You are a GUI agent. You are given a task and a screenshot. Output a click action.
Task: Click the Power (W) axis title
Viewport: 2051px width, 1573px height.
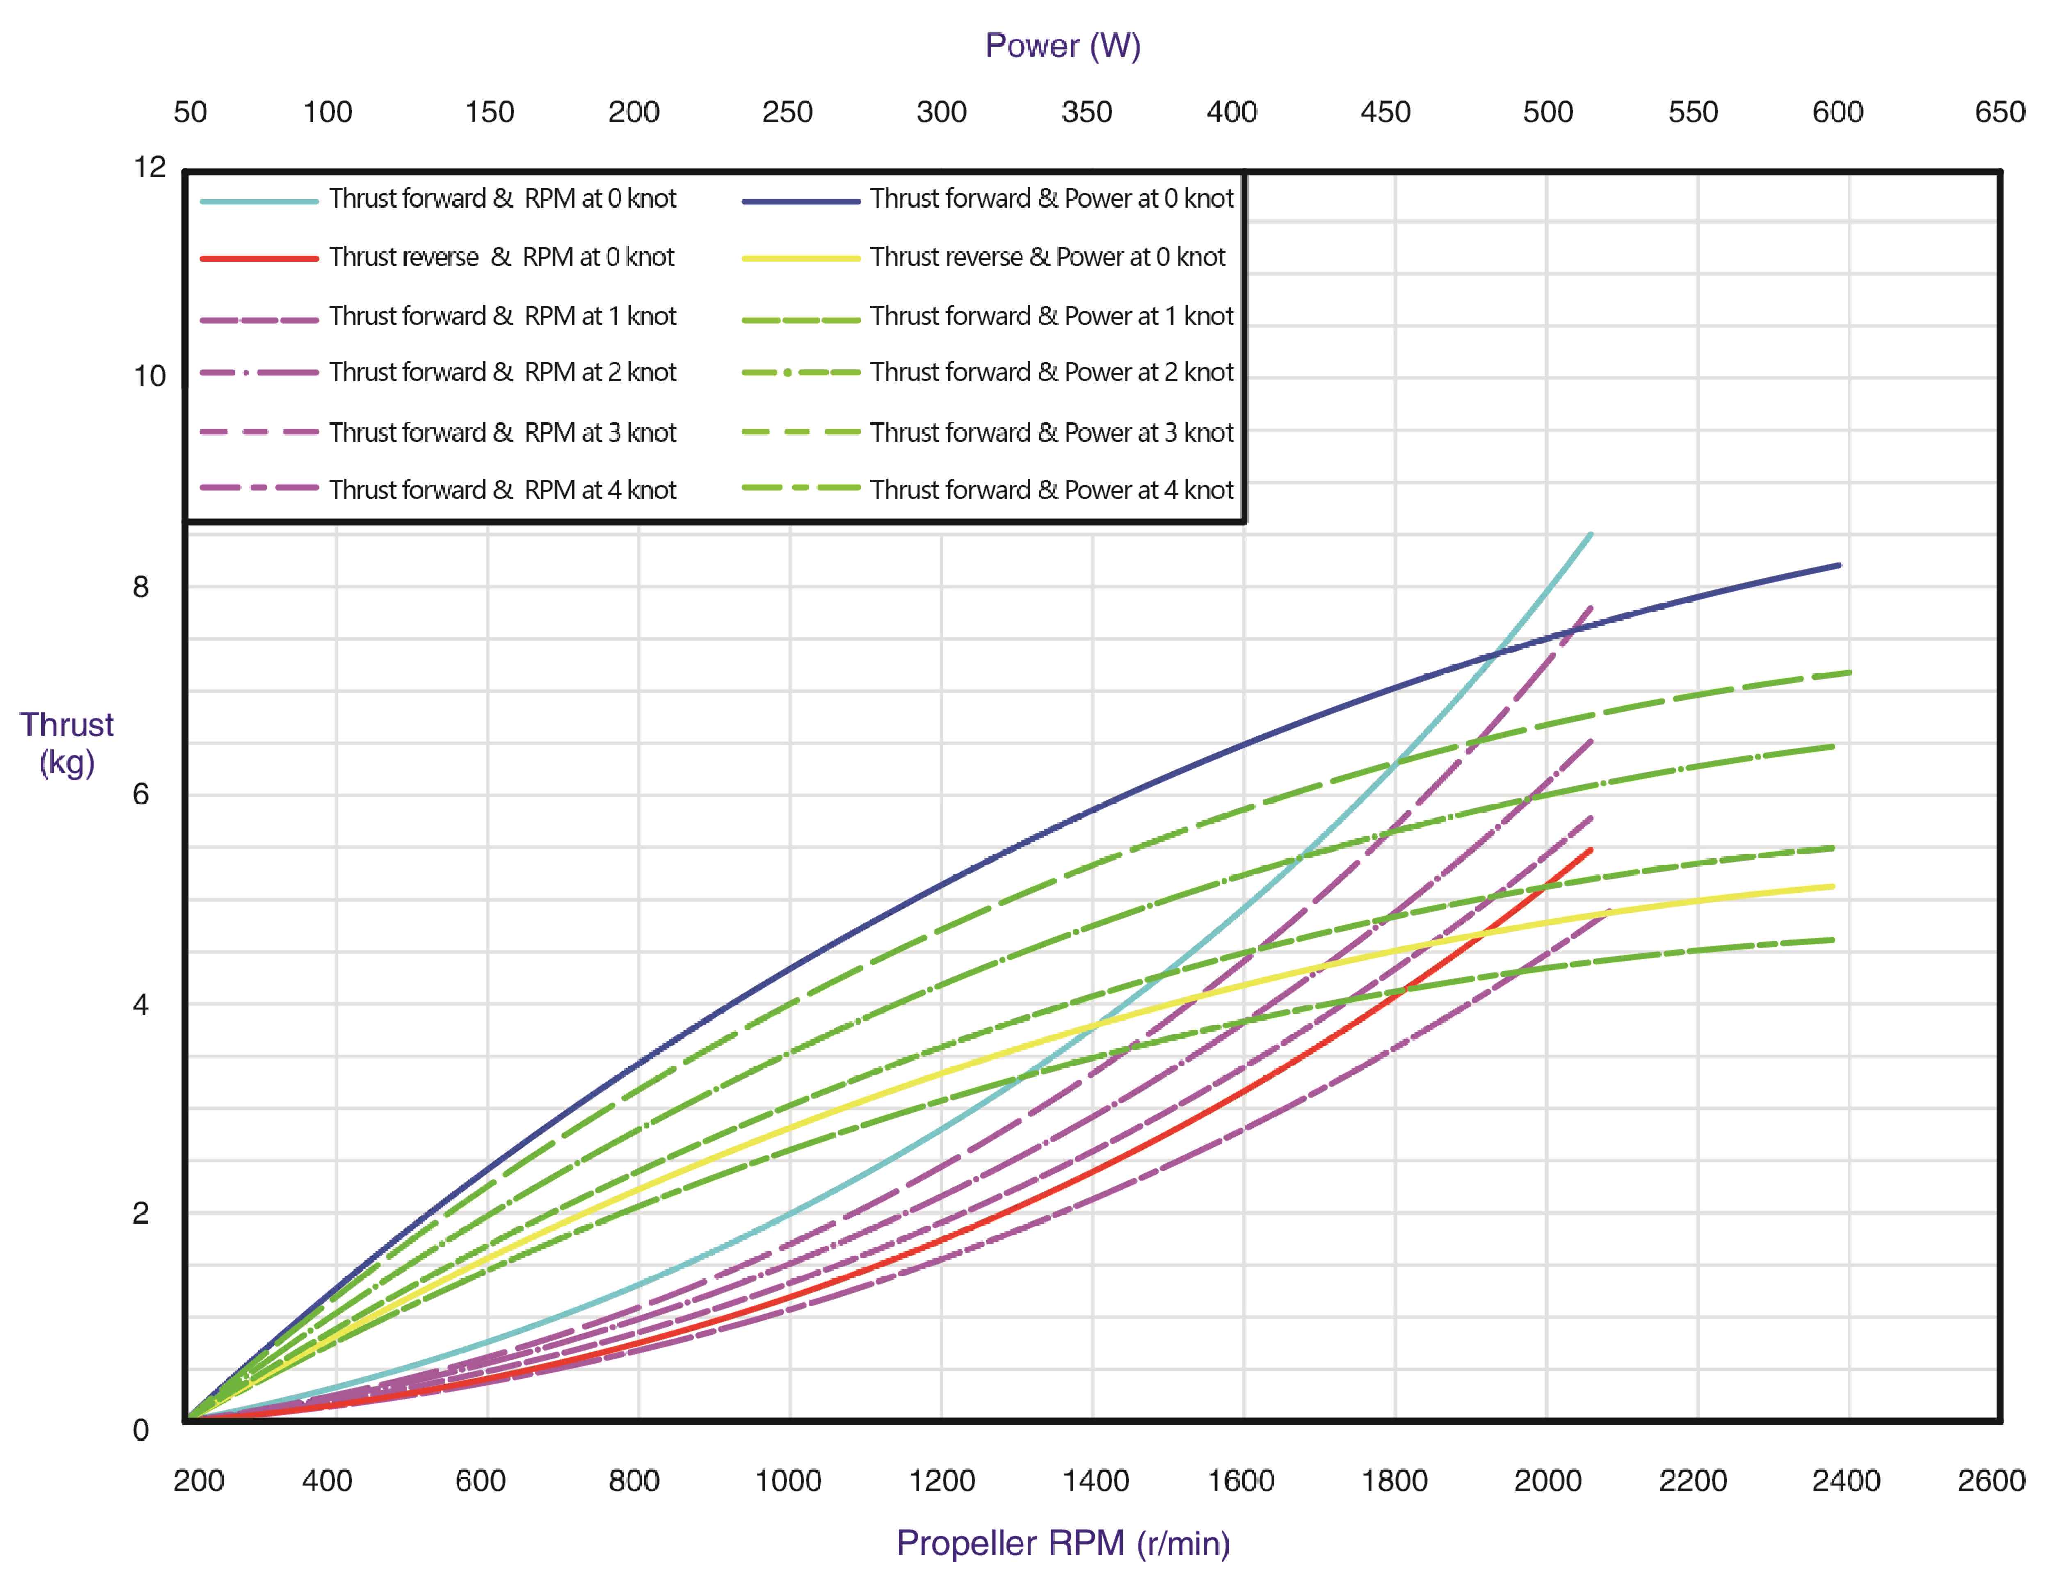(x=1062, y=45)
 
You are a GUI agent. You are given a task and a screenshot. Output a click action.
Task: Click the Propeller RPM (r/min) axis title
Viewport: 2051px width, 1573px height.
(x=1062, y=1542)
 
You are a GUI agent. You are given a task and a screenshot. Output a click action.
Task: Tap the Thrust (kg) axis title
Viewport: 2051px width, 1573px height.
(x=66, y=743)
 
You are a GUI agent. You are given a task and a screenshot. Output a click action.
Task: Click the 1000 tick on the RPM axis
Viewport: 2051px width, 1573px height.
(x=788, y=1480)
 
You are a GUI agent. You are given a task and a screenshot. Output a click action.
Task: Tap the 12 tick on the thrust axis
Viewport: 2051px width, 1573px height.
(x=150, y=168)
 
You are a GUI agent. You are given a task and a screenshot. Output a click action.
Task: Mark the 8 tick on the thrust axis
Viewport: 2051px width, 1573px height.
(x=140, y=587)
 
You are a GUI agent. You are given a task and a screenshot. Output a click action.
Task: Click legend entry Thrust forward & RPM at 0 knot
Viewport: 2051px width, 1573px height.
(x=502, y=199)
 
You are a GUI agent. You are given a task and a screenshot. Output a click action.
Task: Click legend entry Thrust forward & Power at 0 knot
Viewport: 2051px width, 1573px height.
(x=1051, y=199)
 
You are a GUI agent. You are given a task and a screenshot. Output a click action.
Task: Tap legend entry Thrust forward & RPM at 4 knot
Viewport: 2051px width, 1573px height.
(x=502, y=490)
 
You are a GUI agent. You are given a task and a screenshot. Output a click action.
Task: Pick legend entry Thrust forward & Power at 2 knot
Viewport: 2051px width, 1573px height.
(x=1051, y=373)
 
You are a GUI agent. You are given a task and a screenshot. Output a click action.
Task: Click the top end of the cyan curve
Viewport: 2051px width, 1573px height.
(x=1590, y=534)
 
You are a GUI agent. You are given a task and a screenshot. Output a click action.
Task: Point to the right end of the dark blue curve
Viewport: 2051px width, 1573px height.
(x=1839, y=566)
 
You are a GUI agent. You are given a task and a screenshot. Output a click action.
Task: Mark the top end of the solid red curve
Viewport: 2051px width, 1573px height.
(x=1590, y=850)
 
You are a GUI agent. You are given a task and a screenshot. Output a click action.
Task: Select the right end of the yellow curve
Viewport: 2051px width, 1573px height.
(x=1832, y=886)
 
